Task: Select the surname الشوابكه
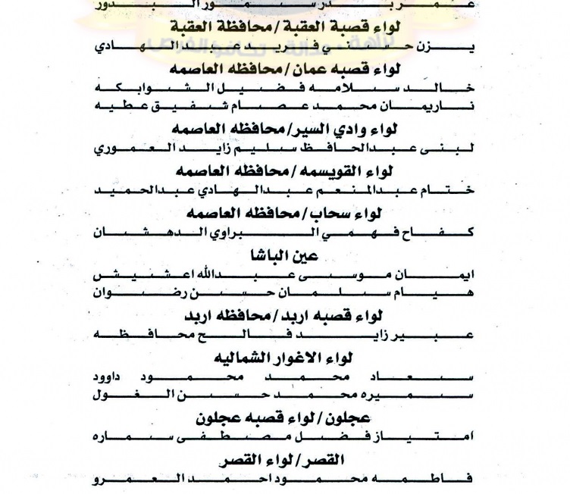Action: (x=148, y=89)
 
